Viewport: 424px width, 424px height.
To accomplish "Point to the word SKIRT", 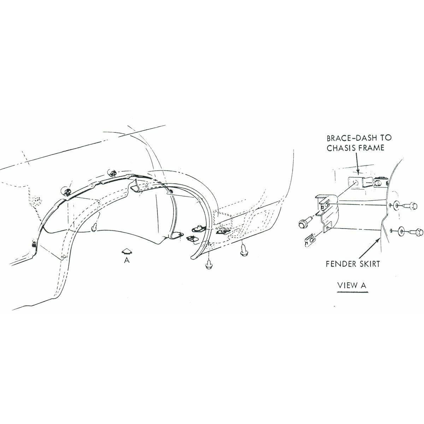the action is pyautogui.click(x=370, y=264).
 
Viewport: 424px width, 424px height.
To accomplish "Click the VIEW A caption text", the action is pyautogui.click(x=352, y=285).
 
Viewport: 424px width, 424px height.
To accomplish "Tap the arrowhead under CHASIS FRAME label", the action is pyautogui.click(x=358, y=172).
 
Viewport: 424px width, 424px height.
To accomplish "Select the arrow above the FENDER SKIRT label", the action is pyautogui.click(x=368, y=249).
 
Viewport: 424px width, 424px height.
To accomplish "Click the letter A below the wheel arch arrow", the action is pyautogui.click(x=126, y=260).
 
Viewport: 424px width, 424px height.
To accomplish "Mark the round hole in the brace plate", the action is pyautogui.click(x=354, y=182).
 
